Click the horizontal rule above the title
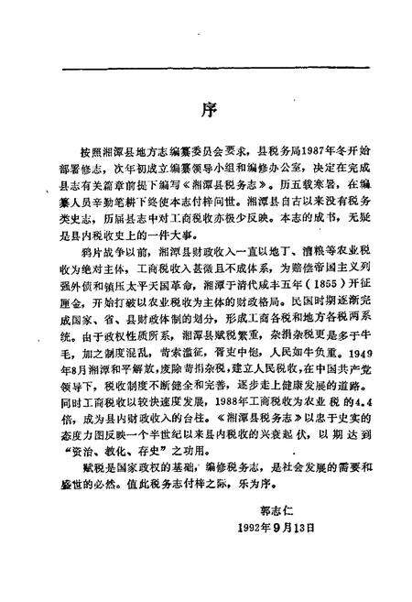click(x=206, y=66)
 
